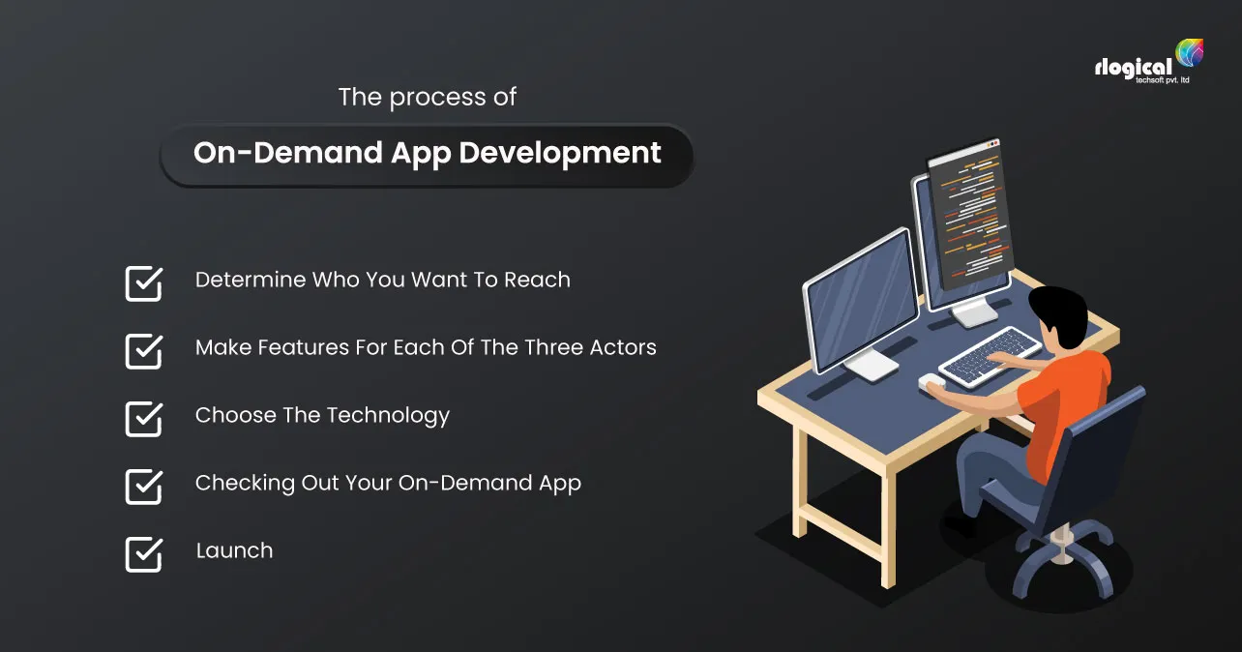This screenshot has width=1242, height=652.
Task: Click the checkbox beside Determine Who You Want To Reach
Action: pyautogui.click(x=143, y=283)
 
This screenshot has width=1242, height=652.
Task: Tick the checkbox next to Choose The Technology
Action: pyautogui.click(x=143, y=419)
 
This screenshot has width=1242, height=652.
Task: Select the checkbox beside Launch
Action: pyautogui.click(x=143, y=554)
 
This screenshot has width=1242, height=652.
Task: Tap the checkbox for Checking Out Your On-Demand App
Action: pyautogui.click(x=143, y=487)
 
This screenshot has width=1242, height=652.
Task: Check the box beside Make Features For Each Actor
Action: pyautogui.click(x=143, y=351)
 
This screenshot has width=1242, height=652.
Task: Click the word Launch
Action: pyautogui.click(x=234, y=550)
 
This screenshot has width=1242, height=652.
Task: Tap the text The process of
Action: pyautogui.click(x=427, y=98)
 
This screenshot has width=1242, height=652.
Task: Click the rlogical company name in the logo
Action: pyautogui.click(x=1133, y=67)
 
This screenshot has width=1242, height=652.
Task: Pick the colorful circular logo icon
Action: pyautogui.click(x=1189, y=53)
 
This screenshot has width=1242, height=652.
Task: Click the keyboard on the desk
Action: pyautogui.click(x=989, y=355)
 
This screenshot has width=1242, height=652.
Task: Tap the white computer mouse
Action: pyautogui.click(x=931, y=381)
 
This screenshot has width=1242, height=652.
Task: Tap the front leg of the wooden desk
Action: pyautogui.click(x=885, y=532)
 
